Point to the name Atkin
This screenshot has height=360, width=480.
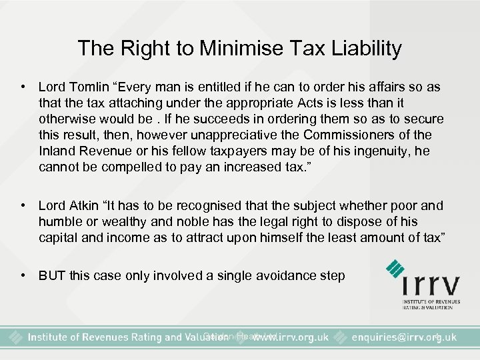tap(79, 205)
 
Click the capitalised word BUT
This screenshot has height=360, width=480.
tap(52, 275)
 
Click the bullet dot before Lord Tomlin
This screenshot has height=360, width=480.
tap(23, 88)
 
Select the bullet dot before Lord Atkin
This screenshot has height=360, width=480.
tap(23, 205)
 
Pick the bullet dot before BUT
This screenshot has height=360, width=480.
tap(23, 275)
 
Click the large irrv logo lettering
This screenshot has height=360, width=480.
tap(431, 287)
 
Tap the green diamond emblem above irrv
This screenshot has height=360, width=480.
tap(399, 273)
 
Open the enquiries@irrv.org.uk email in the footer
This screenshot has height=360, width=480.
tap(403, 337)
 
